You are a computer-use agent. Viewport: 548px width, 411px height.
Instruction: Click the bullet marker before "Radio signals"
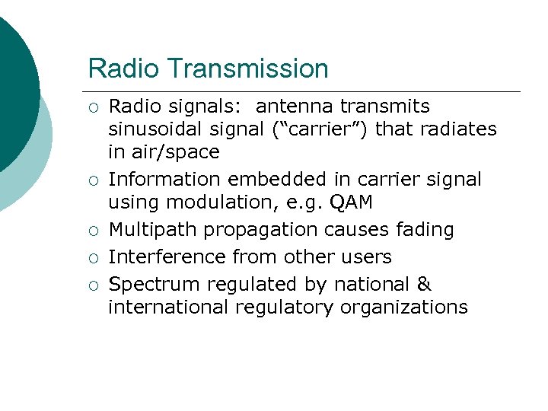tap(94, 107)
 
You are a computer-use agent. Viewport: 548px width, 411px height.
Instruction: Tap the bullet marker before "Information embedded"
tap(94, 180)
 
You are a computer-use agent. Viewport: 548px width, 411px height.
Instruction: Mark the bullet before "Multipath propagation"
tap(94, 231)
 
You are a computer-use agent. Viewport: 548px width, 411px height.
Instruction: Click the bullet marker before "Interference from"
tap(94, 258)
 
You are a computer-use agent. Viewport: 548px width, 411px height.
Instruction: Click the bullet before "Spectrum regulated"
tap(94, 285)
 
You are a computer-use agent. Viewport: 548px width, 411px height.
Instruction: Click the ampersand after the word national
tap(424, 285)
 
